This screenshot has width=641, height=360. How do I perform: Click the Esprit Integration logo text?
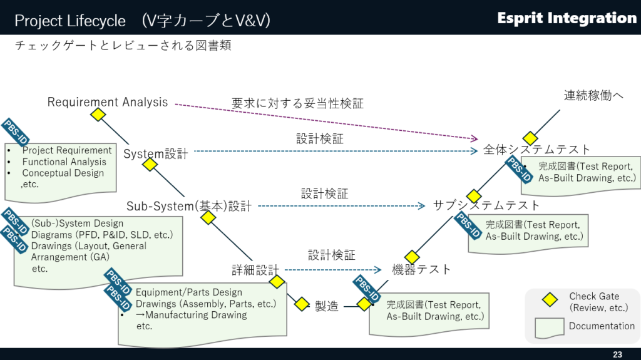click(567, 18)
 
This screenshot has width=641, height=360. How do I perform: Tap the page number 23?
click(618, 354)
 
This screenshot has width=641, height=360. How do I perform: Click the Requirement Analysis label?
click(108, 101)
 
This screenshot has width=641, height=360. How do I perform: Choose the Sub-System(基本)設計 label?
click(189, 206)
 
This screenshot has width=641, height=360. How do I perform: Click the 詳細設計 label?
click(255, 270)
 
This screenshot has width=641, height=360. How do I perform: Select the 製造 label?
click(326, 306)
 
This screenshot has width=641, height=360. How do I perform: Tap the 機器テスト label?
click(421, 269)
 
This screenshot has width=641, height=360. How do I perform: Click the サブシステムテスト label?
click(486, 205)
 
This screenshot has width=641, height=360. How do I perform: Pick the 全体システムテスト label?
click(536, 149)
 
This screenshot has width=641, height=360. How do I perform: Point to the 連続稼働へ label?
click(594, 95)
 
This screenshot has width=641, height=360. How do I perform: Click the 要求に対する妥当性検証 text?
click(297, 103)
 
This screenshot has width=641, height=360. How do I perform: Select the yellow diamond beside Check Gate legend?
click(550, 300)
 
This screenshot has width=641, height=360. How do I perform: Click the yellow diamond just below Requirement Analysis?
click(98, 115)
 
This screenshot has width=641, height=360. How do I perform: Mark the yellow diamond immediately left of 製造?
click(302, 304)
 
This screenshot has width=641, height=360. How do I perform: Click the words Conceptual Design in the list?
click(63, 173)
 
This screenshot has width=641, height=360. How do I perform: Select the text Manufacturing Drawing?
click(195, 315)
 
